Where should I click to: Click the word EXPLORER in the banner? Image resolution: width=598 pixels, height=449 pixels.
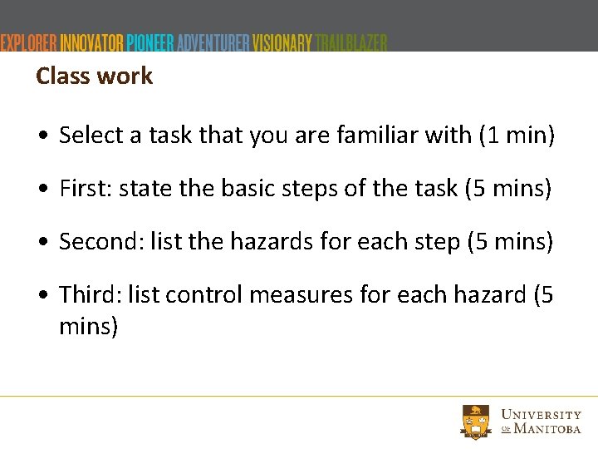coord(29,42)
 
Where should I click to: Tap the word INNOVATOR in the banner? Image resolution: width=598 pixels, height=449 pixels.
coord(92,42)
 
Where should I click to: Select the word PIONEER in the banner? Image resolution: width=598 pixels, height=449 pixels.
coord(150,42)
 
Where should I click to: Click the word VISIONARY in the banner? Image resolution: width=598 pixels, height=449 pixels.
coord(282,42)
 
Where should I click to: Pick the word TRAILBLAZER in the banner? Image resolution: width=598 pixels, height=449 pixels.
coord(351,42)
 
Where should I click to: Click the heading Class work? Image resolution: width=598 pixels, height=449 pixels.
coord(94,76)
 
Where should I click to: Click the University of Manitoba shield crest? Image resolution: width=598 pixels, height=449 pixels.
coord(477,422)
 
